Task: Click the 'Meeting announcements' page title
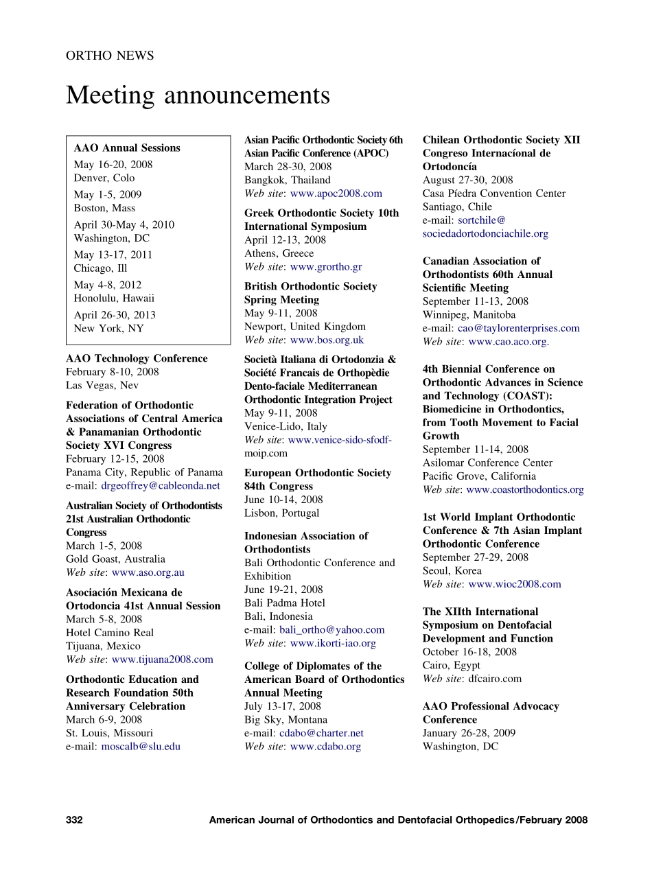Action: tap(198, 96)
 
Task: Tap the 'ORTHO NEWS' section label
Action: tap(110, 56)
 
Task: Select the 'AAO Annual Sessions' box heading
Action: tap(127, 148)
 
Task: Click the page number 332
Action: tap(74, 819)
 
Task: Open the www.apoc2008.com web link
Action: tap(336, 194)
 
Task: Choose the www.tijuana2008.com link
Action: tap(162, 660)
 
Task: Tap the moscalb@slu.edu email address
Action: tap(141, 747)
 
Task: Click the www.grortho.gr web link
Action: tap(326, 267)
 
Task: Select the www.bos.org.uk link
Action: tap(327, 340)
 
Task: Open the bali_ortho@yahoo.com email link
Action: tap(332, 630)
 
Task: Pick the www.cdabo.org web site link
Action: tap(325, 747)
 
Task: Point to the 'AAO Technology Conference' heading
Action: tap(137, 358)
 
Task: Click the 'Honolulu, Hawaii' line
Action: tap(114, 299)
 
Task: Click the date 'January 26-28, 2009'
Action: tap(469, 733)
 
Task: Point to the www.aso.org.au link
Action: tap(148, 572)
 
